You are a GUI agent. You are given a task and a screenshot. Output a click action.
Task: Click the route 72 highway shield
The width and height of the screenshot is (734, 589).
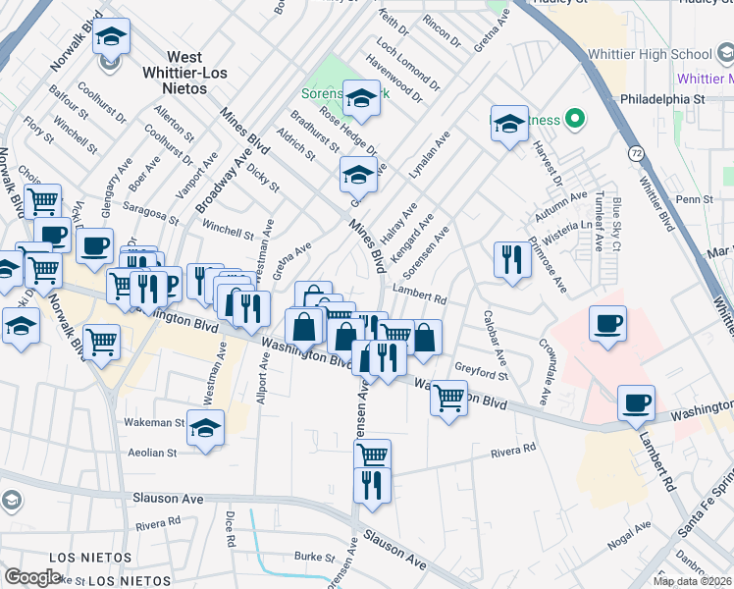(635, 154)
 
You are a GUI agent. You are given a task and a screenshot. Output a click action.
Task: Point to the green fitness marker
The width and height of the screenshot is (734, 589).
(576, 120)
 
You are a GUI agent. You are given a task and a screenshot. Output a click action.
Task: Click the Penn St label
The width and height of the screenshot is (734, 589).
(693, 199)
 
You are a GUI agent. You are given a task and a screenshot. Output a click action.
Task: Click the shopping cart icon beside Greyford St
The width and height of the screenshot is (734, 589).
(448, 398)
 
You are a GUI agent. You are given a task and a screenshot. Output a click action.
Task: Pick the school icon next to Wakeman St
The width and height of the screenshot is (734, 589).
(205, 428)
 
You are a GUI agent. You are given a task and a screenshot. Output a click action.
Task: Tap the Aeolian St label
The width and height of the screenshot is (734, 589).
(152, 453)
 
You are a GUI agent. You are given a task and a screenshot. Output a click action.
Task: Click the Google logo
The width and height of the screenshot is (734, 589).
(31, 577)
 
